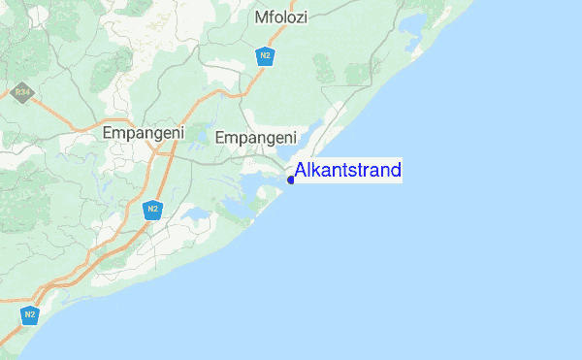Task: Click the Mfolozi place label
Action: tap(280, 17)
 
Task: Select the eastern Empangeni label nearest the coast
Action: tap(256, 139)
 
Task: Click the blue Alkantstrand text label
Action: tap(348, 172)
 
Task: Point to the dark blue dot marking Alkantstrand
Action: tap(291, 180)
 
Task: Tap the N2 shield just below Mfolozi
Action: tap(265, 56)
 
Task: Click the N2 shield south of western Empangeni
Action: tap(151, 209)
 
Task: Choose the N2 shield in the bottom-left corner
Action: tap(30, 315)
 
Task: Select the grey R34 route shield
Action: tap(21, 93)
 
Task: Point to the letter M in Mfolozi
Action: tap(261, 17)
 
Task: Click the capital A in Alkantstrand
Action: tap(301, 172)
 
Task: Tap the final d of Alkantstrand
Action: tap(396, 172)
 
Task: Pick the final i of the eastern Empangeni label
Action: tap(294, 139)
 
